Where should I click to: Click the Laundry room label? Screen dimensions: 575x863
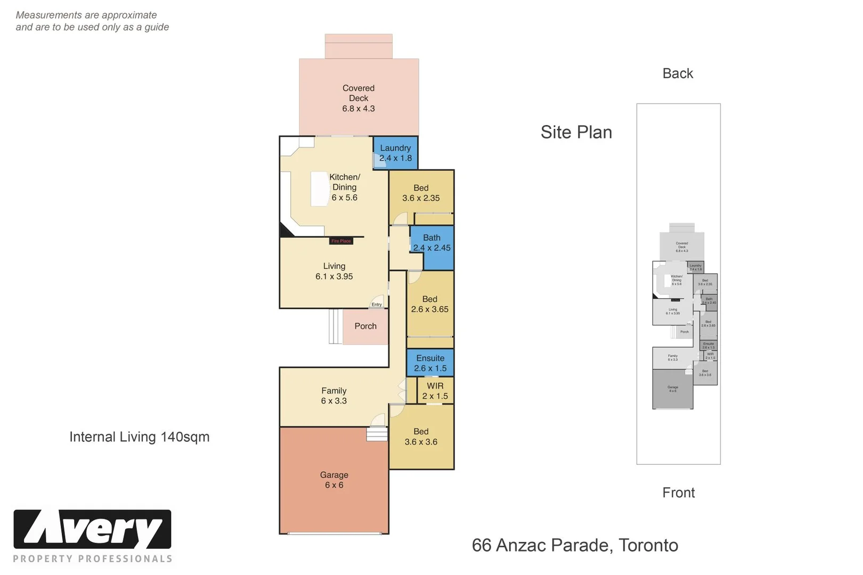(395, 148)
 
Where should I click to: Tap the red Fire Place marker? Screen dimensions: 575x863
(341, 241)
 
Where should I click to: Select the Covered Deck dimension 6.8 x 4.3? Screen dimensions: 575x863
(359, 109)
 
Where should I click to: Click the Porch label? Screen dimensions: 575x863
(365, 326)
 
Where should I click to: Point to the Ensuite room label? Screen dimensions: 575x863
(430, 358)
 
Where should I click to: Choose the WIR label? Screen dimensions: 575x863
(435, 386)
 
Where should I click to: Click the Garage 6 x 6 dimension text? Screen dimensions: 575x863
(334, 485)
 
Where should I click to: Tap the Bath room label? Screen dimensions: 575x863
(431, 237)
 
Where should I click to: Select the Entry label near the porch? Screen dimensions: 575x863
(377, 305)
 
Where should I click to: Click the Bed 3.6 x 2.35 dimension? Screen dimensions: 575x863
(421, 198)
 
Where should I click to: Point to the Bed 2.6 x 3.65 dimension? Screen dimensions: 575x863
(429, 309)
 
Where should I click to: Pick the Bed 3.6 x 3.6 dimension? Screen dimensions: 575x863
(421, 442)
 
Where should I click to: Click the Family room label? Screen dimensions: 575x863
(334, 391)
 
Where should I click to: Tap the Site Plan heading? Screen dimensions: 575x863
(576, 132)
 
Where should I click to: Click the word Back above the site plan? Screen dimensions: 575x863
(678, 73)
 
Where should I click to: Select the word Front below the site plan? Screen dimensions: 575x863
(678, 492)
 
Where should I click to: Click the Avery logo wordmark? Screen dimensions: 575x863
(92, 529)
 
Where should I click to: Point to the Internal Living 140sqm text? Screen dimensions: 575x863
(140, 437)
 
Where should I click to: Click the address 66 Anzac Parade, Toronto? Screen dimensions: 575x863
(575, 545)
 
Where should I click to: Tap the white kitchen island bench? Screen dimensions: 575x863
(320, 188)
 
